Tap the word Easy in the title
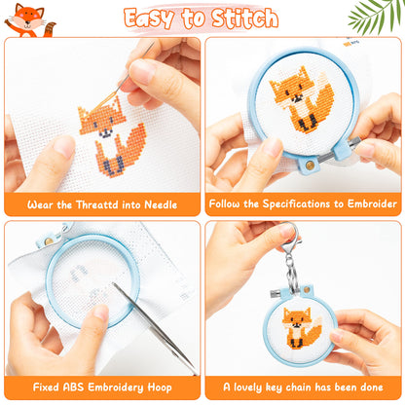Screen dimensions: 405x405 tap(157, 18)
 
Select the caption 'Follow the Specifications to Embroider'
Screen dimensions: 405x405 tap(303, 204)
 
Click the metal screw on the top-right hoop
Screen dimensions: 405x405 tap(311, 165)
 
